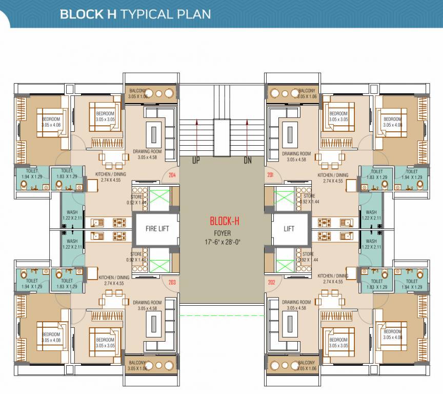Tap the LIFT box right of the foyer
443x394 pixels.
click(289, 228)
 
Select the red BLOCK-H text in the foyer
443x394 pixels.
click(225, 222)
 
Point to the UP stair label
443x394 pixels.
click(196, 161)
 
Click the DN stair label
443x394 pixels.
click(248, 161)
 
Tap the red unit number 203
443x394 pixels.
click(172, 282)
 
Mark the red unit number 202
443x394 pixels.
click(271, 282)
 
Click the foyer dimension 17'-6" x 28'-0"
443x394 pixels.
click(225, 241)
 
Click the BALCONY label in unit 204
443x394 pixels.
click(138, 90)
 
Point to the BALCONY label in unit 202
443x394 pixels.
click(307, 363)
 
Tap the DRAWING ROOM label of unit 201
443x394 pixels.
click(296, 153)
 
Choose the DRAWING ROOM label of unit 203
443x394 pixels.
click(147, 303)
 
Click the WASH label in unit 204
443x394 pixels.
click(72, 212)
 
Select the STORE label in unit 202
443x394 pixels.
click(308, 254)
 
